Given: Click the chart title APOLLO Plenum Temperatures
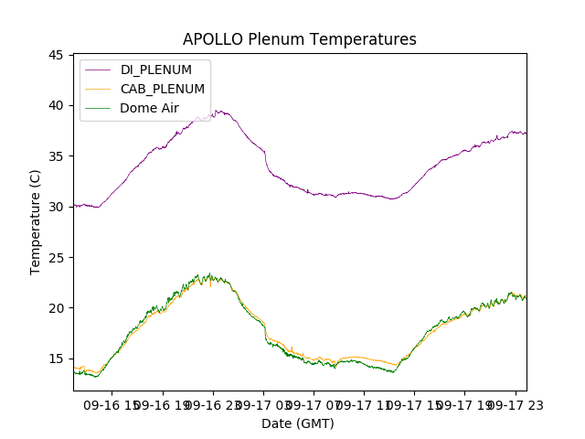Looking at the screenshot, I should pos(299,39).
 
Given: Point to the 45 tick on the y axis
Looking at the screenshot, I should pos(57,56).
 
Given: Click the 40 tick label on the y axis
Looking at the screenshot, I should pos(57,106).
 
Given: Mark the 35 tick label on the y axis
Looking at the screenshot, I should pos(57,156).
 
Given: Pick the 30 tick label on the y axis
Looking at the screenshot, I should pos(57,207).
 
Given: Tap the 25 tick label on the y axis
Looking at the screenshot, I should pos(57,257).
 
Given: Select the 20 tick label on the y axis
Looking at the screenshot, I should pos(57,308).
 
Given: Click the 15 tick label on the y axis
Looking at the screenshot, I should pos(57,359).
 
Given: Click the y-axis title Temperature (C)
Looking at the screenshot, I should pos(36,222).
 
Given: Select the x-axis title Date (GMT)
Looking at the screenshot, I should pos(298,423).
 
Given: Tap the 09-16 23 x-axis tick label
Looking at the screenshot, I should pos(212,404).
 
